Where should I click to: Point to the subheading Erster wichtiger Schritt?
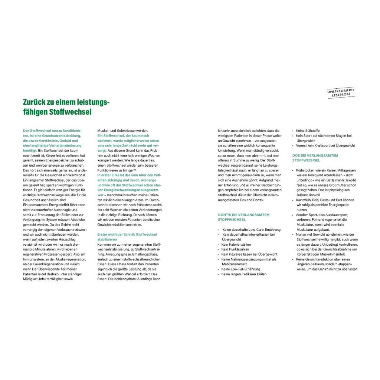click(127, 237)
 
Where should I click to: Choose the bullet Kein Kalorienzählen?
click(236, 245)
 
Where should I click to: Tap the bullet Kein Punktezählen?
click(235, 249)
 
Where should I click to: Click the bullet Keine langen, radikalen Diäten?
click(244, 274)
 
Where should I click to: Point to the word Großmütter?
click(337, 185)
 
